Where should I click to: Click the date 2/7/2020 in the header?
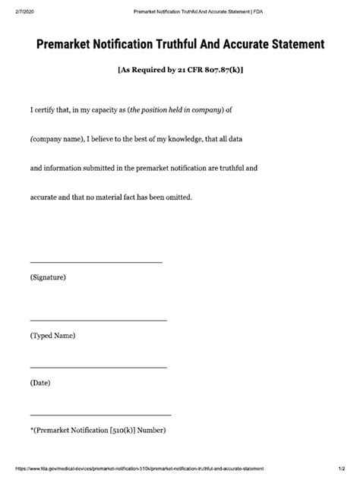coord(17,12)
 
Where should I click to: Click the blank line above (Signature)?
coord(96,262)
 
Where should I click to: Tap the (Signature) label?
coord(49,278)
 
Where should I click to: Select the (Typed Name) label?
coord(53,336)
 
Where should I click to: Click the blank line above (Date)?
coord(98,368)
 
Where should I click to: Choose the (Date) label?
coord(40,383)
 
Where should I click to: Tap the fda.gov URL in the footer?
coord(137,469)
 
